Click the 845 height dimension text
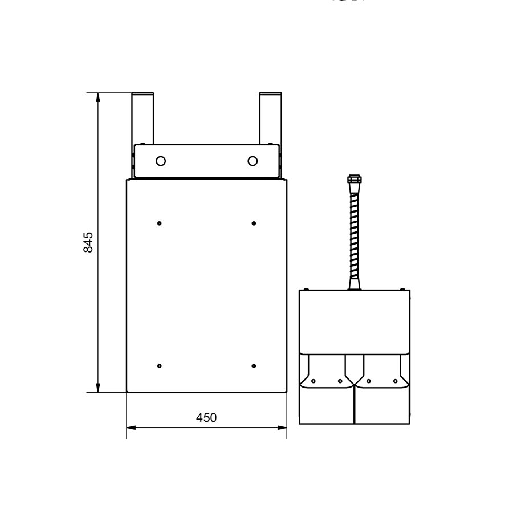(x=88, y=243)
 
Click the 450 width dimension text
(x=206, y=417)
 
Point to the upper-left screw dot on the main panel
(x=160, y=222)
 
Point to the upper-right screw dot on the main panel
(x=254, y=222)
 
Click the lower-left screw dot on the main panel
(x=160, y=365)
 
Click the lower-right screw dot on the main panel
(x=254, y=365)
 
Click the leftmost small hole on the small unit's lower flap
(x=312, y=381)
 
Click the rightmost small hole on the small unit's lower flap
(x=396, y=381)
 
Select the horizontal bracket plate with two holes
(x=207, y=161)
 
